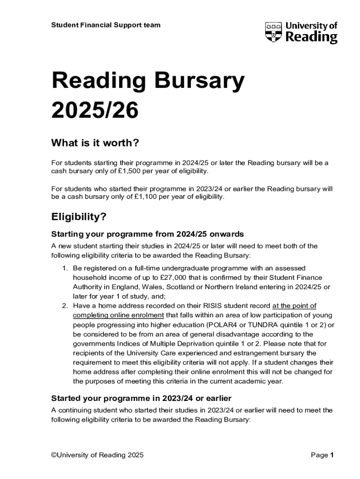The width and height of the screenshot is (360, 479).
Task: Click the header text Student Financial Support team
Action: (106, 25)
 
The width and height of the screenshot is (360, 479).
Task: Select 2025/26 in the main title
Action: (95, 110)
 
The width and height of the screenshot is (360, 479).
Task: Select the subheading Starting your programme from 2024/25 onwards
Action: (147, 234)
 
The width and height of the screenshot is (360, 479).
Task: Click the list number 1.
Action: (65, 268)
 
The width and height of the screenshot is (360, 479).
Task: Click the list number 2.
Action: (65, 306)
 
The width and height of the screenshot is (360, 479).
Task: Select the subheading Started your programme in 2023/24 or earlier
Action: (141, 398)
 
